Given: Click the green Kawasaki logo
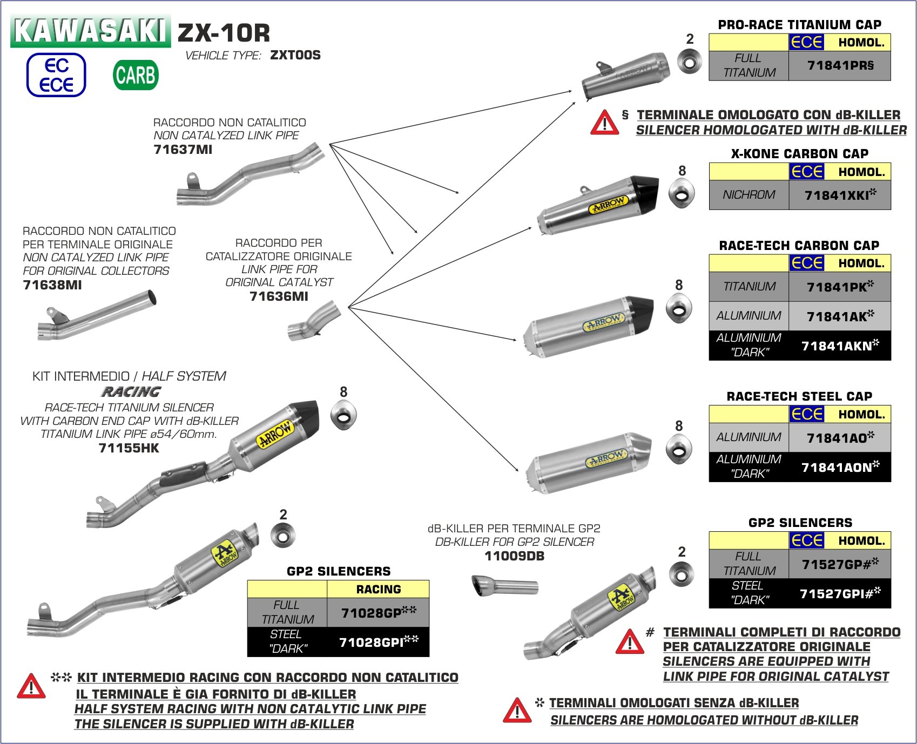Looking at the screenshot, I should tap(90, 31).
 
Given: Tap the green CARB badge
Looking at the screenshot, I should tap(136, 75).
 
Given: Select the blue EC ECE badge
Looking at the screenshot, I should tap(56, 75).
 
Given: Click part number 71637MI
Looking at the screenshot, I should tap(183, 150).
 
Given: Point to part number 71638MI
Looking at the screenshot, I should tap(52, 285).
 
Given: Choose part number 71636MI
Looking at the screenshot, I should tap(279, 296).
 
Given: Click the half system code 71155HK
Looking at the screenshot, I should tap(129, 448).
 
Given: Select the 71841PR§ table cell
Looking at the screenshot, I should tap(839, 66).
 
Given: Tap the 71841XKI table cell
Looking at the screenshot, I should tap(839, 195).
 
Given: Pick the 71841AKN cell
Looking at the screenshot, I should tap(839, 346).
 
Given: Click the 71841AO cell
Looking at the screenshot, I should tap(839, 437).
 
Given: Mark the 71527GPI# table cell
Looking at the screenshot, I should tap(839, 593).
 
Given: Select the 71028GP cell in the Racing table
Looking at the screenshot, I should tap(378, 612).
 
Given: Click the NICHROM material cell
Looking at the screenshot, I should tap(749, 195).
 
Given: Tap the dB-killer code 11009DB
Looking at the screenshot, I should tap(514, 556).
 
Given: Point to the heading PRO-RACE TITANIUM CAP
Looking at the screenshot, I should tap(799, 25).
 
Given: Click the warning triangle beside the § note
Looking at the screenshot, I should tap(604, 123).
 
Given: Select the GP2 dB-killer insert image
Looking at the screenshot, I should tap(505, 586).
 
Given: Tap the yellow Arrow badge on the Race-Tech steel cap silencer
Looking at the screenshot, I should tap(606, 459).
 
